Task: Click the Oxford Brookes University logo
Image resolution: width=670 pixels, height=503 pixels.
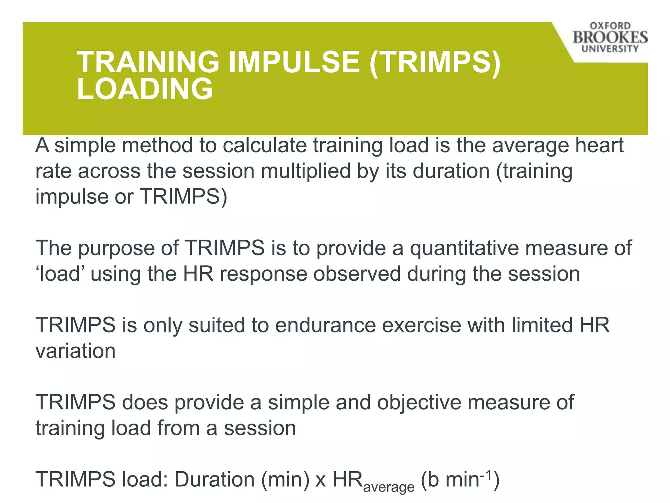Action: click(x=610, y=38)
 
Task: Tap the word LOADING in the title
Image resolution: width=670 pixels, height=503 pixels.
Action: click(x=145, y=89)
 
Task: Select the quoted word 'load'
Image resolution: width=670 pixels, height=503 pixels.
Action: click(x=59, y=274)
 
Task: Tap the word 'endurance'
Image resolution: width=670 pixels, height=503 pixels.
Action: click(x=326, y=325)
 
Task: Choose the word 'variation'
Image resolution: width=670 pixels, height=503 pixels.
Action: click(x=76, y=351)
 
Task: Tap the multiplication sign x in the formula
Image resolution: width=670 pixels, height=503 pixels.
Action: click(x=321, y=480)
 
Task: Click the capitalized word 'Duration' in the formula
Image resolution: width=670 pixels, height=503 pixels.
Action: click(x=214, y=480)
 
